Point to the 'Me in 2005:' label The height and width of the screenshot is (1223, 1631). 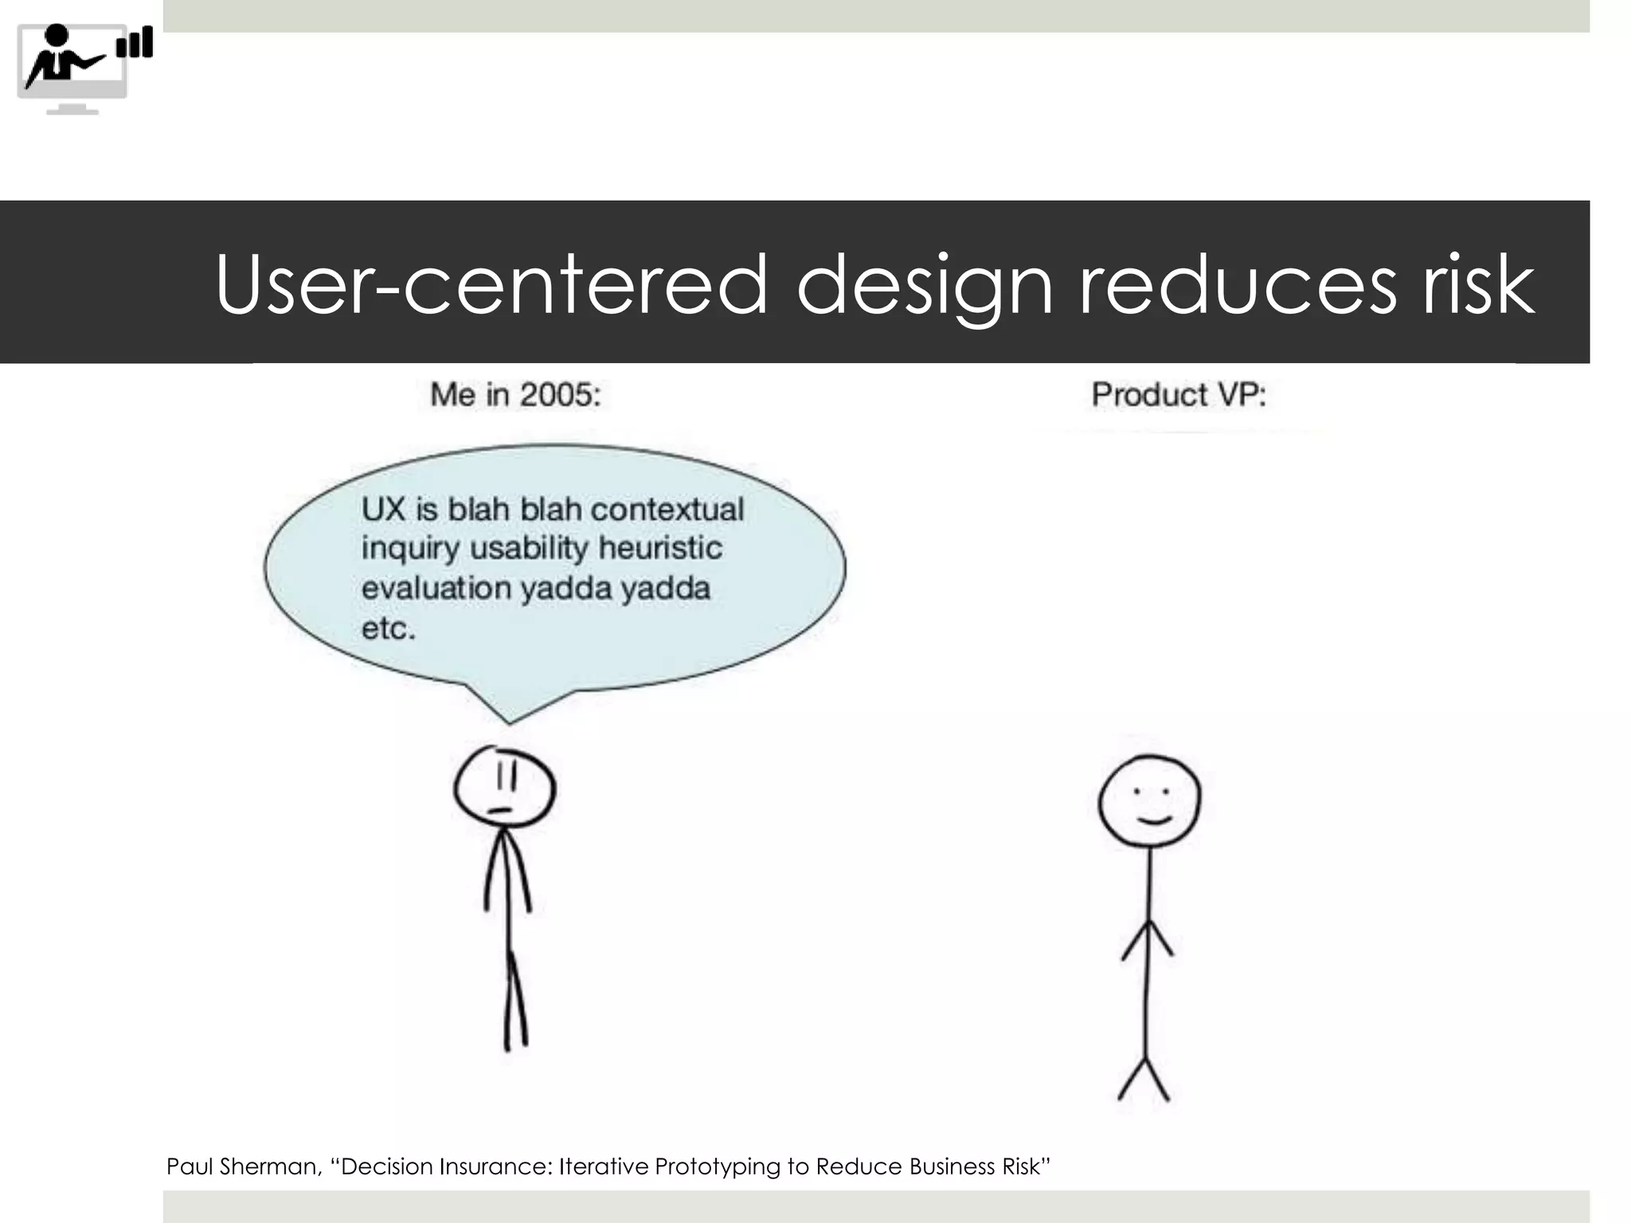(x=515, y=395)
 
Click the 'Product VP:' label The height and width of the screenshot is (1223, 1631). (x=1178, y=395)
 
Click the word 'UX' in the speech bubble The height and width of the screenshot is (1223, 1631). (x=383, y=510)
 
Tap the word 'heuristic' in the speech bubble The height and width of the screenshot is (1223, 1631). (x=660, y=549)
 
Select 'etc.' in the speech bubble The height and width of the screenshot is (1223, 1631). (x=389, y=629)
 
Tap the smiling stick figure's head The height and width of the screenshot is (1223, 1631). (x=1149, y=801)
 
